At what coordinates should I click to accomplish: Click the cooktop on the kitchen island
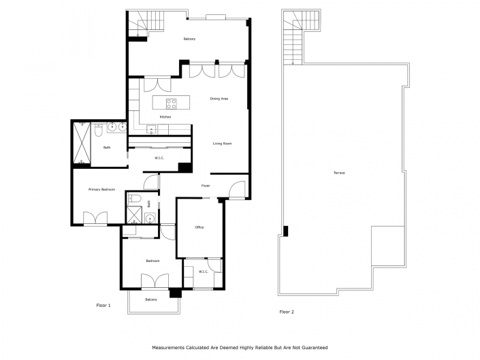(x=172, y=104)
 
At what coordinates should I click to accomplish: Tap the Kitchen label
(x=165, y=117)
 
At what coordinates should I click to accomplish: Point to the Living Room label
(x=223, y=144)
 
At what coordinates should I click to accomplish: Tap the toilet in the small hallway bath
(x=134, y=200)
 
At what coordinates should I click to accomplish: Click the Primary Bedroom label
(x=101, y=189)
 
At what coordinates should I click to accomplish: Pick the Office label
(x=199, y=227)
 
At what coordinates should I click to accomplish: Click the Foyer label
(x=205, y=185)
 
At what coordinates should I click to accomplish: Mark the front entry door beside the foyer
(x=238, y=191)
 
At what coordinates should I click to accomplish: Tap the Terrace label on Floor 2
(x=339, y=173)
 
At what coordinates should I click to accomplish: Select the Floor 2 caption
(x=287, y=312)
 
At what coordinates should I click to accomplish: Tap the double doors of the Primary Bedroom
(x=95, y=218)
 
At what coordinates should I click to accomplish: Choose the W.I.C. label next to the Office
(x=203, y=272)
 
